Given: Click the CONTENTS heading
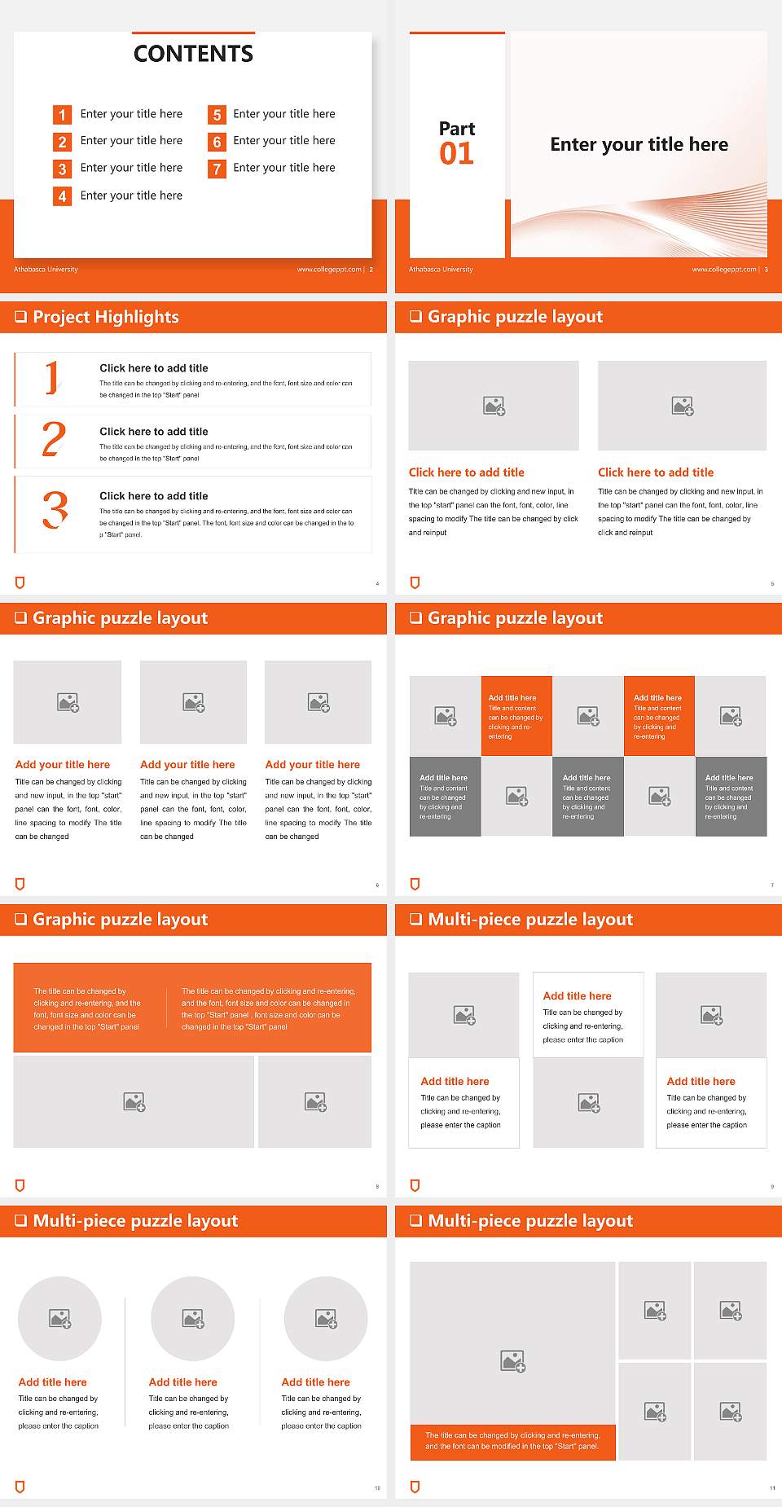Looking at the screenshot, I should (x=193, y=54).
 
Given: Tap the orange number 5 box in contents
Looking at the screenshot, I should (x=217, y=115).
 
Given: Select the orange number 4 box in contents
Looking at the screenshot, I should (x=62, y=196).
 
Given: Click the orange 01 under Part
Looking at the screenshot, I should (x=456, y=154).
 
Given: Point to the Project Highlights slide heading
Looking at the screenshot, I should (x=105, y=317).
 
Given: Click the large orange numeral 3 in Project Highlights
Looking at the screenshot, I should (x=55, y=511).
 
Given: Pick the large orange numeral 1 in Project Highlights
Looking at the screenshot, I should (x=53, y=378).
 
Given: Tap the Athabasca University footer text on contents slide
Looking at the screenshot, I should (x=46, y=270).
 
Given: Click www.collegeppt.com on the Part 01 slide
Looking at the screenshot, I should (x=724, y=270).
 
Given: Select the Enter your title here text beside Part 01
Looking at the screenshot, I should (x=639, y=145).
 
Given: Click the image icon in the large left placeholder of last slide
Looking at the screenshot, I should (x=512, y=1360).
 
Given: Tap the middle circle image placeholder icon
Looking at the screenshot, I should (x=193, y=1318).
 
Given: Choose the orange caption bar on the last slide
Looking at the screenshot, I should (x=512, y=1441).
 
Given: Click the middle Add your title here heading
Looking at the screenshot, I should (x=187, y=765).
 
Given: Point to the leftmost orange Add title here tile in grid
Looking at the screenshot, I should (x=516, y=715).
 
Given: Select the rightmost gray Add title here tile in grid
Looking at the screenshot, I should (x=731, y=796).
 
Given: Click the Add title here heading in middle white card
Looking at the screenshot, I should (x=577, y=996).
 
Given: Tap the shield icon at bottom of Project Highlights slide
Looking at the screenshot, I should (x=20, y=582).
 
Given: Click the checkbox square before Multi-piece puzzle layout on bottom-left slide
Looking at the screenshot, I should (x=21, y=1220).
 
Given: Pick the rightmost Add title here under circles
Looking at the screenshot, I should (x=315, y=1382).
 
